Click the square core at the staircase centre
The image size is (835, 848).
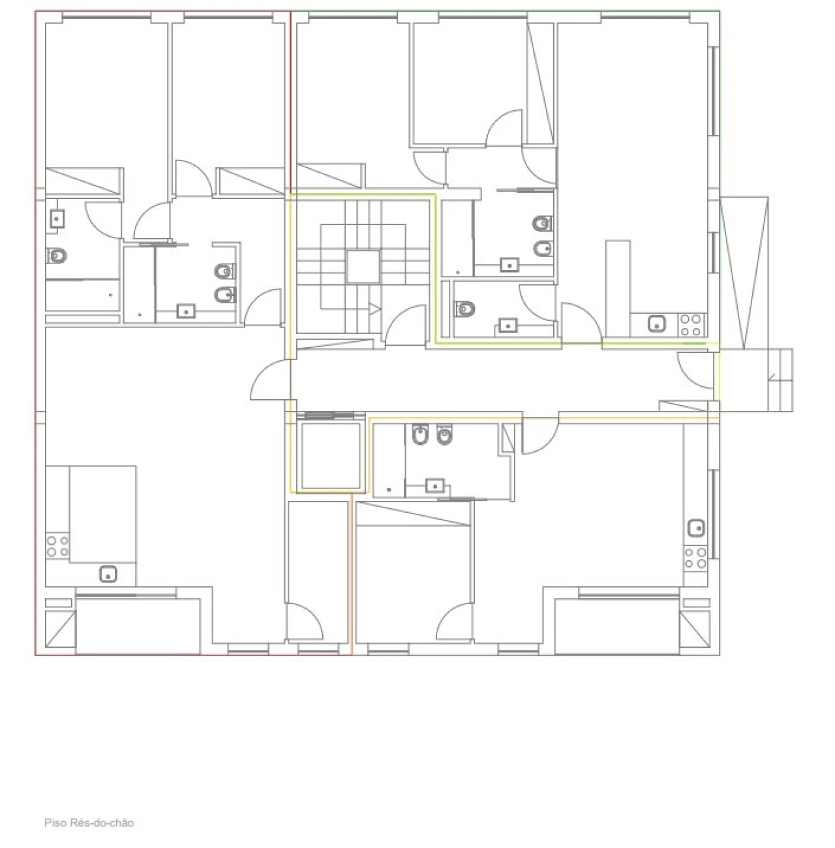click(363, 266)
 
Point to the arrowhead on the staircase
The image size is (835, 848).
click(374, 309)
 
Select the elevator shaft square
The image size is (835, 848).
click(331, 455)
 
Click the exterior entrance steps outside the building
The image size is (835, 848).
click(780, 380)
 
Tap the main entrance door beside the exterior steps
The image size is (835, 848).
click(695, 371)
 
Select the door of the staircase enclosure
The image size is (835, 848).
click(405, 324)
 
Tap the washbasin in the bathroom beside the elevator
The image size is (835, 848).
click(435, 486)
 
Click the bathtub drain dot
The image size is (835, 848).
click(110, 295)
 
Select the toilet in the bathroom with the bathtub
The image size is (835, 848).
click(57, 255)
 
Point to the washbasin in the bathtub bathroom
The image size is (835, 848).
click(57, 219)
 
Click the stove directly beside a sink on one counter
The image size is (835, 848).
click(692, 325)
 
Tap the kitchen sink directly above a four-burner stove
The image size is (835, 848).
click(696, 528)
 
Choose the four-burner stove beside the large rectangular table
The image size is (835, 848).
click(57, 546)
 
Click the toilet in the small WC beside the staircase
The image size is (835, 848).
click(465, 309)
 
